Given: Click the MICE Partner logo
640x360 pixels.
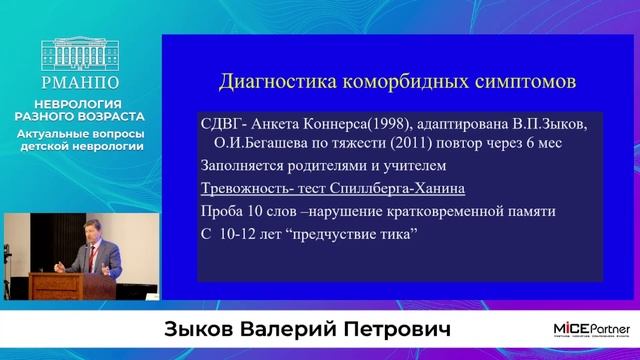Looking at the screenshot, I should (591, 329).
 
